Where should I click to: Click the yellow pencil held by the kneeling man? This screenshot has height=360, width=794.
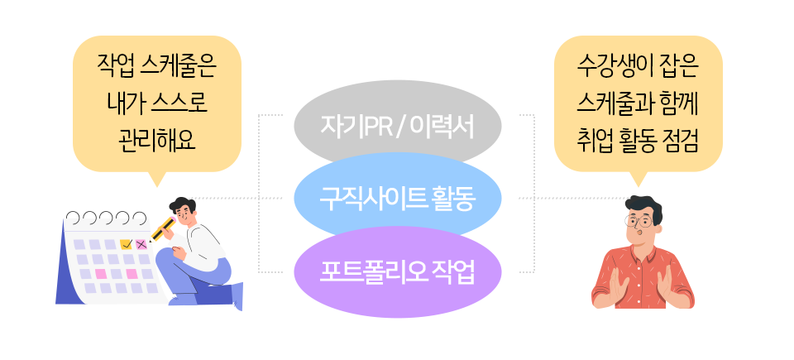pos(163,226)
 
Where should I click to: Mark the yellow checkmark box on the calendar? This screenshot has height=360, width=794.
pos(126,244)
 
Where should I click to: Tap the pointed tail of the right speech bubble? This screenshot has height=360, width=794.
pos(637,179)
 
